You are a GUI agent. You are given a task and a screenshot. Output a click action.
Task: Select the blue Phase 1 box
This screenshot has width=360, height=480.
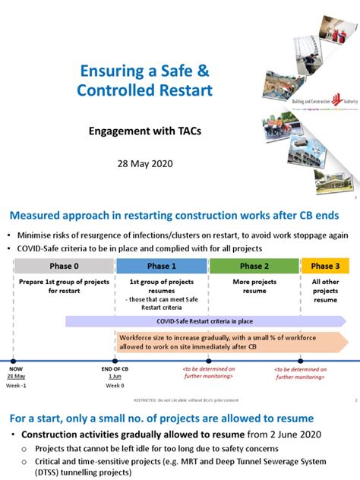pyautogui.click(x=162, y=267)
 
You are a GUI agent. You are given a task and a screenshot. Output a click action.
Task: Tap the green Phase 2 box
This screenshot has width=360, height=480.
pyautogui.click(x=254, y=267)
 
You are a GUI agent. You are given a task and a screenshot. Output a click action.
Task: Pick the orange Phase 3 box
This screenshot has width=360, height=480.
pyautogui.click(x=325, y=267)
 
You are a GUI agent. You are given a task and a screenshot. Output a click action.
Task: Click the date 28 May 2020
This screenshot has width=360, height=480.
pyautogui.click(x=144, y=163)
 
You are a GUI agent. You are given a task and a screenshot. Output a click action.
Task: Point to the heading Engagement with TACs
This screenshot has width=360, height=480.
pyautogui.click(x=144, y=131)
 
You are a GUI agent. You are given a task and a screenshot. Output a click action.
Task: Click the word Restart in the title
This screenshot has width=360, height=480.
pyautogui.click(x=183, y=91)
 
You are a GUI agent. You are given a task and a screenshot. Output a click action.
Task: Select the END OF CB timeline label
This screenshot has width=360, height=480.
pyautogui.click(x=115, y=368)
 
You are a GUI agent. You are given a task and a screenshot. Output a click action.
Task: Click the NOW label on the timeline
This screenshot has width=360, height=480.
pyautogui.click(x=16, y=368)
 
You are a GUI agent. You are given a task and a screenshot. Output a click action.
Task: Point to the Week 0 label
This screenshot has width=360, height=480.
pyautogui.click(x=115, y=385)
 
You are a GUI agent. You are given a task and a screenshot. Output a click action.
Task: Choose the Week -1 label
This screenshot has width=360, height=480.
pyautogui.click(x=16, y=385)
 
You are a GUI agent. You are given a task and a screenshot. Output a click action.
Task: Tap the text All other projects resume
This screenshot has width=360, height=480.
pyautogui.click(x=325, y=289)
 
